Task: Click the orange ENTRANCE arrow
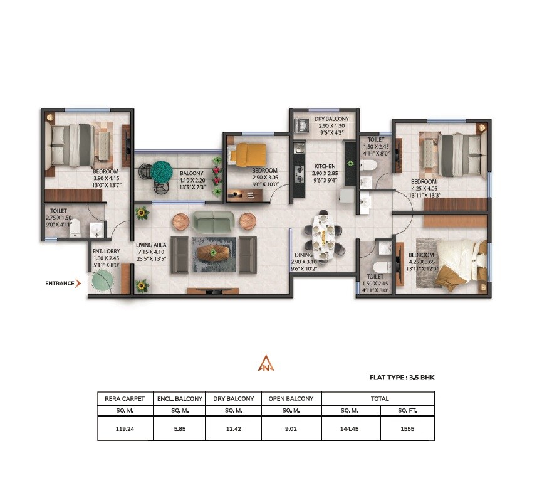click(78, 283)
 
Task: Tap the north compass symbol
click(266, 364)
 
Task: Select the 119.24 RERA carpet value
click(125, 430)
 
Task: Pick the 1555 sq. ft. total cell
click(407, 430)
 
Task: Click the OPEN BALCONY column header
click(291, 398)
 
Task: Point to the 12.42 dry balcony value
click(233, 430)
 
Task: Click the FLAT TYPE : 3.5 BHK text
click(402, 378)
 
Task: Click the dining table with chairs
click(324, 233)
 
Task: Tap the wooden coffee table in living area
click(214, 252)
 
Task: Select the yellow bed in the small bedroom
click(248, 153)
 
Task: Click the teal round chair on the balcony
click(162, 171)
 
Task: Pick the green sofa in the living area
click(213, 220)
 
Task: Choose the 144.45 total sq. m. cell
click(350, 430)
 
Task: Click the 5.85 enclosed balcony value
click(178, 430)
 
